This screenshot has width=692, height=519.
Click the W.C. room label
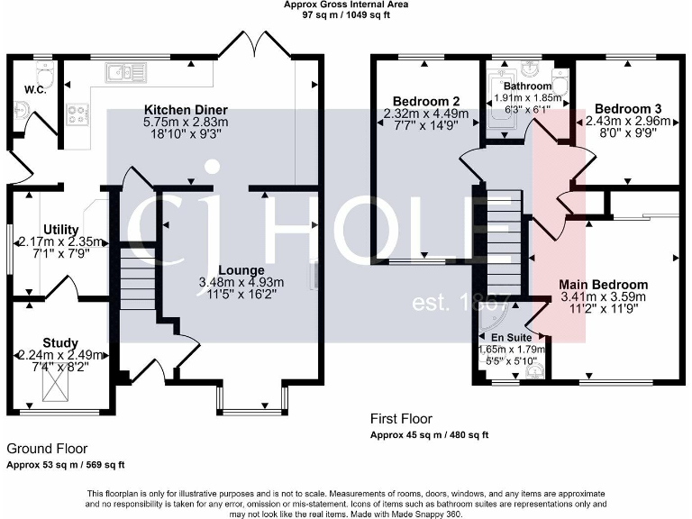[x=35, y=90]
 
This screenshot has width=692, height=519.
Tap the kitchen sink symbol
[x=126, y=72]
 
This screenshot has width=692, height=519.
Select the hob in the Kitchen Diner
[x=77, y=114]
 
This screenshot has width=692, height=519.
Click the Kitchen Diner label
[x=186, y=110]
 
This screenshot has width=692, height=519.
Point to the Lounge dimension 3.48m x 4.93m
[x=241, y=282]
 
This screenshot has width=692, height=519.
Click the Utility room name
[x=61, y=230]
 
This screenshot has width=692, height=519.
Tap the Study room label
[x=60, y=343]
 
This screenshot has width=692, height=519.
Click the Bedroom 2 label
[x=426, y=102]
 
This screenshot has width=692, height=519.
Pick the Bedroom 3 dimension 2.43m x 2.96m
[x=628, y=121]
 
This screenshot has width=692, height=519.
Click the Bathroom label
[x=528, y=86]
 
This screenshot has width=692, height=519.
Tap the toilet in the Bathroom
[x=560, y=80]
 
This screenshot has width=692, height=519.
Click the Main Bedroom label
[x=604, y=285]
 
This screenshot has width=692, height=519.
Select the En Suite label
[x=512, y=338]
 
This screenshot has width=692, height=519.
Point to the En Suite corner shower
[x=495, y=318]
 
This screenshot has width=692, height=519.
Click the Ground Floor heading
[x=47, y=449]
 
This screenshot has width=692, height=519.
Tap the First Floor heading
[x=401, y=419]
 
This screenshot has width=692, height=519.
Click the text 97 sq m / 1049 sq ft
[x=346, y=14]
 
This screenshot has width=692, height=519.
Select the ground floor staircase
[x=138, y=278]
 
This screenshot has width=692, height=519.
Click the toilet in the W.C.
[x=44, y=75]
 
